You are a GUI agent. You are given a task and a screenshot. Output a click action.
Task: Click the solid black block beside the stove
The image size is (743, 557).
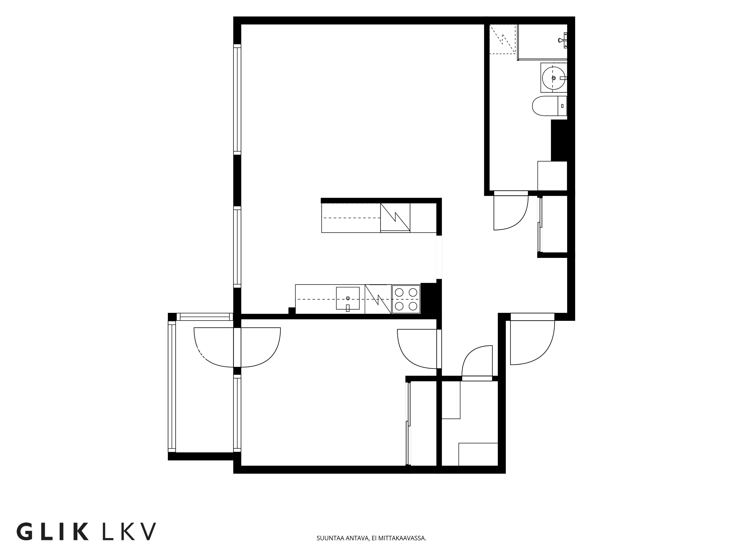428,299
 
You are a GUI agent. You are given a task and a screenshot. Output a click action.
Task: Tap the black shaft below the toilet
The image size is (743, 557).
559,140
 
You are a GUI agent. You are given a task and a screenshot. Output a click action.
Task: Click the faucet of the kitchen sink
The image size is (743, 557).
348,307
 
